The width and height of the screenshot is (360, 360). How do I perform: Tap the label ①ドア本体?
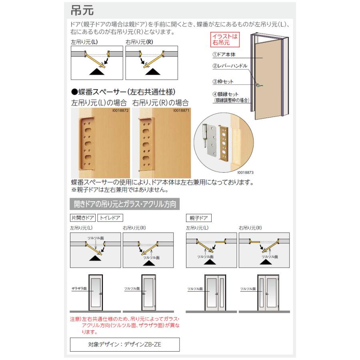224,54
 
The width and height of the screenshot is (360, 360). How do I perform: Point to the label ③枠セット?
223,82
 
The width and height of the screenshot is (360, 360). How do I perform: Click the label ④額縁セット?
226,94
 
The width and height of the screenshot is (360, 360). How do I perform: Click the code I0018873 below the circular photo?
245,173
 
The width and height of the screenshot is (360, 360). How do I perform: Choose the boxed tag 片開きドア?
82,218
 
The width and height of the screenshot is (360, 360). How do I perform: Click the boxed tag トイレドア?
110,218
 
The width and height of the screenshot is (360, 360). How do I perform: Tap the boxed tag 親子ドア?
199,218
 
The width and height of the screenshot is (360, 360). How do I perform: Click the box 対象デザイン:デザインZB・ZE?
125,344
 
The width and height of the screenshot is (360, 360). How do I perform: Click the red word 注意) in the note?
76,319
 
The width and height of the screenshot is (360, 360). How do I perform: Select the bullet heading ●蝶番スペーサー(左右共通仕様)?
124,92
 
